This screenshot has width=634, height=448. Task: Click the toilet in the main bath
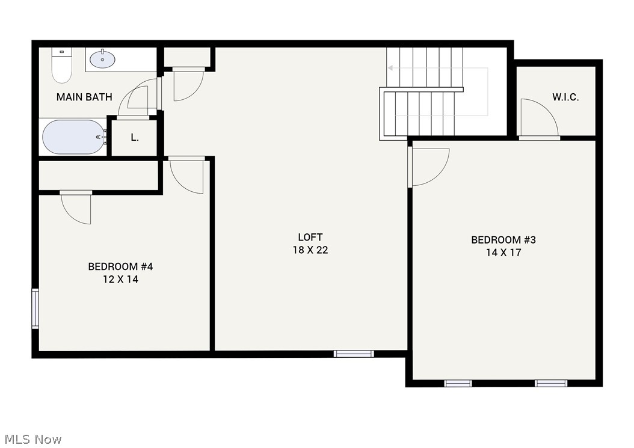point(62,65)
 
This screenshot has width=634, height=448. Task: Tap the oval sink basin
point(102,60)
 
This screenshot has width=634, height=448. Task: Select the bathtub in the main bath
point(73,137)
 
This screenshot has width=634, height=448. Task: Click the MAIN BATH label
point(84,97)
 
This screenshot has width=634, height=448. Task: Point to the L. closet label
point(135,138)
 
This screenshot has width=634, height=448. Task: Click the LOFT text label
point(310,238)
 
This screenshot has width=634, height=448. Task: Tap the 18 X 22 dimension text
point(310,250)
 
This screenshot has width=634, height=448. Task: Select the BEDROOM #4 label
point(120,267)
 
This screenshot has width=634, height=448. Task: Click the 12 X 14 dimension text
point(120,280)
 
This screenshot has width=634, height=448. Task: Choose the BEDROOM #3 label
point(503,240)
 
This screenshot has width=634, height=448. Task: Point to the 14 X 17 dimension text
point(503,253)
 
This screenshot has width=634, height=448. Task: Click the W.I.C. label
point(565,97)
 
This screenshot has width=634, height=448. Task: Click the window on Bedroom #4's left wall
point(35,308)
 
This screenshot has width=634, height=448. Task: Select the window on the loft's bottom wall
point(354,354)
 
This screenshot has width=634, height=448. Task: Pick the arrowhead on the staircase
point(390,68)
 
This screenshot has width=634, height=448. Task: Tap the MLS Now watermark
point(33,439)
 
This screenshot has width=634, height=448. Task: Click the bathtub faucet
point(101,137)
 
